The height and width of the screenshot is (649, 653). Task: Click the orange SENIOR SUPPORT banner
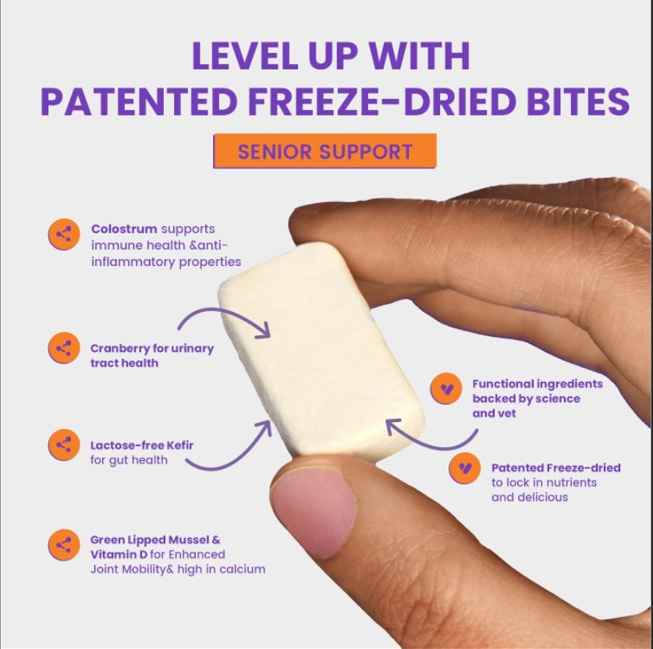(325, 151)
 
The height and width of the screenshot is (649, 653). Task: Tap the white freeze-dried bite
(321, 352)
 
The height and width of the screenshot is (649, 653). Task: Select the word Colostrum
(124, 229)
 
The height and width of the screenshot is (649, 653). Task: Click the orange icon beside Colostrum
(64, 234)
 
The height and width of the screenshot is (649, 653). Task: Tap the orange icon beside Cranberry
(64, 348)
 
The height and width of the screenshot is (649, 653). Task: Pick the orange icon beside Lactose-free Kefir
(64, 445)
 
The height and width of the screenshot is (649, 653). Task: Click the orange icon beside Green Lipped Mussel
(64, 544)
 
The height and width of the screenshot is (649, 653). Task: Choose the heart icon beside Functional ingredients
(446, 388)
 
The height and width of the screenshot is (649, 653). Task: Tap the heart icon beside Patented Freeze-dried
(465, 468)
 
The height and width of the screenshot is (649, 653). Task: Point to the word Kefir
(180, 445)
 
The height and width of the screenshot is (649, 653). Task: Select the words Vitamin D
(119, 555)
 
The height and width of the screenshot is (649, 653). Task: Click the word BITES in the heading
(577, 101)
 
